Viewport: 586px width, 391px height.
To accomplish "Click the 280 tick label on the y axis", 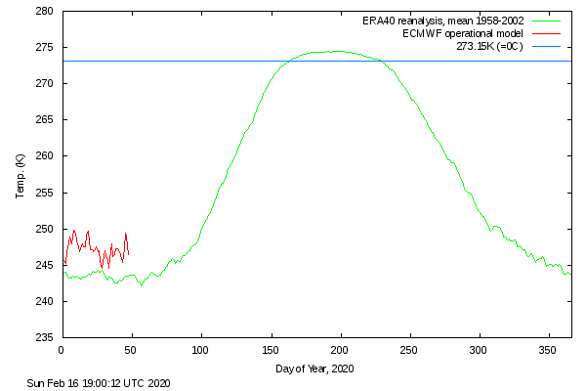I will point(45,12).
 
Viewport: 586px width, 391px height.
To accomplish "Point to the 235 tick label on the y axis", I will point(45,337).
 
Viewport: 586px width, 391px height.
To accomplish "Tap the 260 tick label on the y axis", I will point(45,156).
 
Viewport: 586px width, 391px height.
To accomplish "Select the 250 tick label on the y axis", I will point(45,229).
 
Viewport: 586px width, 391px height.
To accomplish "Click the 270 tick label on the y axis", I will point(45,84).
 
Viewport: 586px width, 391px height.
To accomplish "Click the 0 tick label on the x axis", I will point(62,350).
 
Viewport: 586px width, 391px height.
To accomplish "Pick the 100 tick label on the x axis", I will point(201,350).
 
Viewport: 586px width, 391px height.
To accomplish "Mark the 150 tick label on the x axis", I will point(271,350).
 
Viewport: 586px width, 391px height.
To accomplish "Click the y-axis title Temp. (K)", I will point(21,177).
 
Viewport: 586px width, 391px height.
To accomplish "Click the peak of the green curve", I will point(337,51).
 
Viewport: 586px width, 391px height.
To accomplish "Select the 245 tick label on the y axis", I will point(45,265).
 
